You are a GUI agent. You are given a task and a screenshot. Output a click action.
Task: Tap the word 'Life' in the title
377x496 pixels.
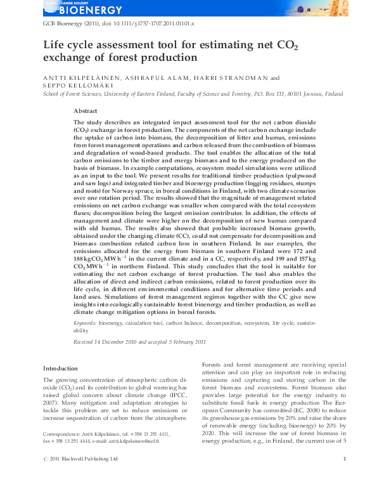pos(54,45)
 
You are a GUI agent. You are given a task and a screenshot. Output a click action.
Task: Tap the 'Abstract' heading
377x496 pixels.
pos(122,110)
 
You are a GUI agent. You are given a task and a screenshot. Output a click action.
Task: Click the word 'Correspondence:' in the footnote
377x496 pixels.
pos(65,434)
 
